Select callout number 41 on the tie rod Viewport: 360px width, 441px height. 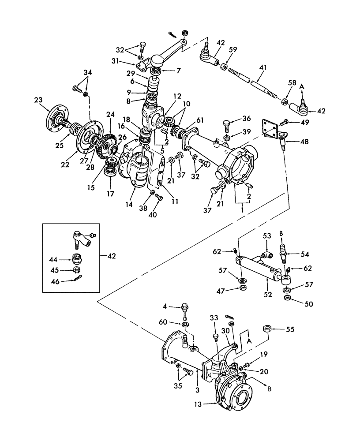pos(264,67)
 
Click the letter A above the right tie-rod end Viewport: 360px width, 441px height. pos(302,87)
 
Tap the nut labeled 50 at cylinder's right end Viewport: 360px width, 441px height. pos(287,298)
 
